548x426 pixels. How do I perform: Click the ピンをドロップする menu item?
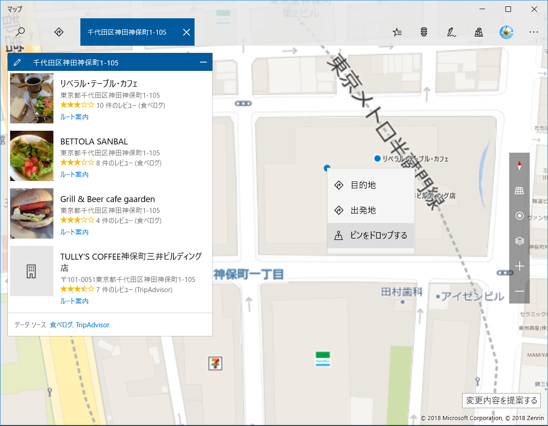tap(370, 236)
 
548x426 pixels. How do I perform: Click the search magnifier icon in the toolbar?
tap(21, 32)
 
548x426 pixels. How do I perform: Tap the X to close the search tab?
tap(186, 32)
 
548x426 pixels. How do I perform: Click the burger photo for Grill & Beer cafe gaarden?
tap(32, 213)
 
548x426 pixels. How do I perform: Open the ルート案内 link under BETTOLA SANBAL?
tap(74, 175)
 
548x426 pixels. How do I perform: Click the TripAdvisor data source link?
tap(93, 325)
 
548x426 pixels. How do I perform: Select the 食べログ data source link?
tap(61, 325)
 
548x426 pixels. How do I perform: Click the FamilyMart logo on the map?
tap(322, 359)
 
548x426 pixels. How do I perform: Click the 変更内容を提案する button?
tap(501, 400)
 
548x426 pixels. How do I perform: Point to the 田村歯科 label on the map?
tap(402, 292)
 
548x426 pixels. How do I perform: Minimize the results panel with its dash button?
tap(204, 62)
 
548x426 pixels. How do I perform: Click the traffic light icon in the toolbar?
tap(424, 32)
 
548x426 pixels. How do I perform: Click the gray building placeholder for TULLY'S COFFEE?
tap(32, 271)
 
